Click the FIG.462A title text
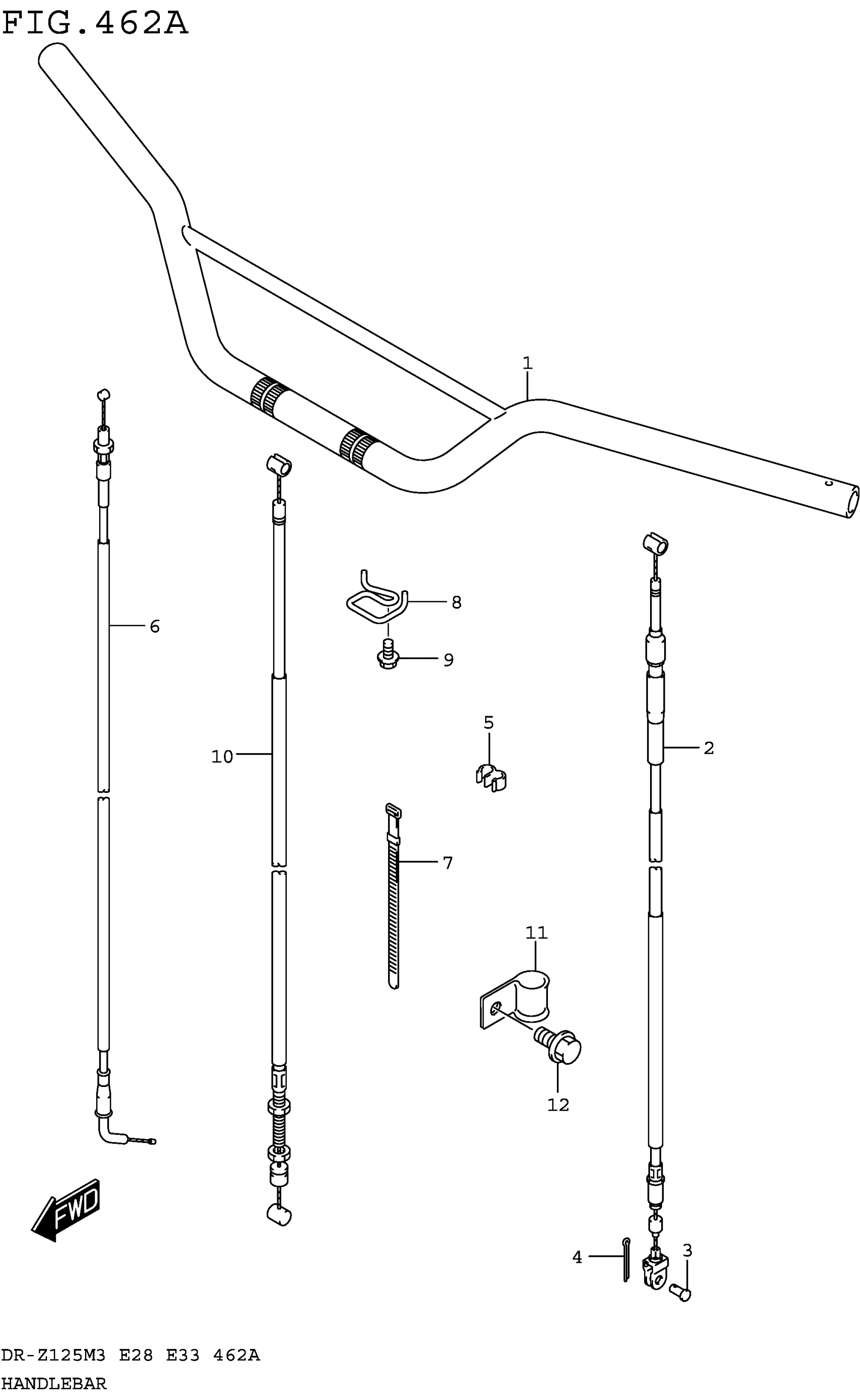pyautogui.click(x=95, y=24)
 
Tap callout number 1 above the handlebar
pyautogui.click(x=527, y=363)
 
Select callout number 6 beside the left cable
pyautogui.click(x=154, y=627)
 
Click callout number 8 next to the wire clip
pyautogui.click(x=456, y=602)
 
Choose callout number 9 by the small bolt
pyautogui.click(x=448, y=660)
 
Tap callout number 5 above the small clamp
pyautogui.click(x=489, y=722)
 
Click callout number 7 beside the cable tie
pyautogui.click(x=448, y=863)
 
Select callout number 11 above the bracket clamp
pyautogui.click(x=536, y=933)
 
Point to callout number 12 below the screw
pyautogui.click(x=558, y=1105)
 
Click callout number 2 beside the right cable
pyautogui.click(x=708, y=748)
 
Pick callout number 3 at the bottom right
pyautogui.click(x=687, y=1251)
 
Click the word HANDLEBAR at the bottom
pyautogui.click(x=54, y=1384)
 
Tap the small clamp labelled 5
pyautogui.click(x=491, y=778)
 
